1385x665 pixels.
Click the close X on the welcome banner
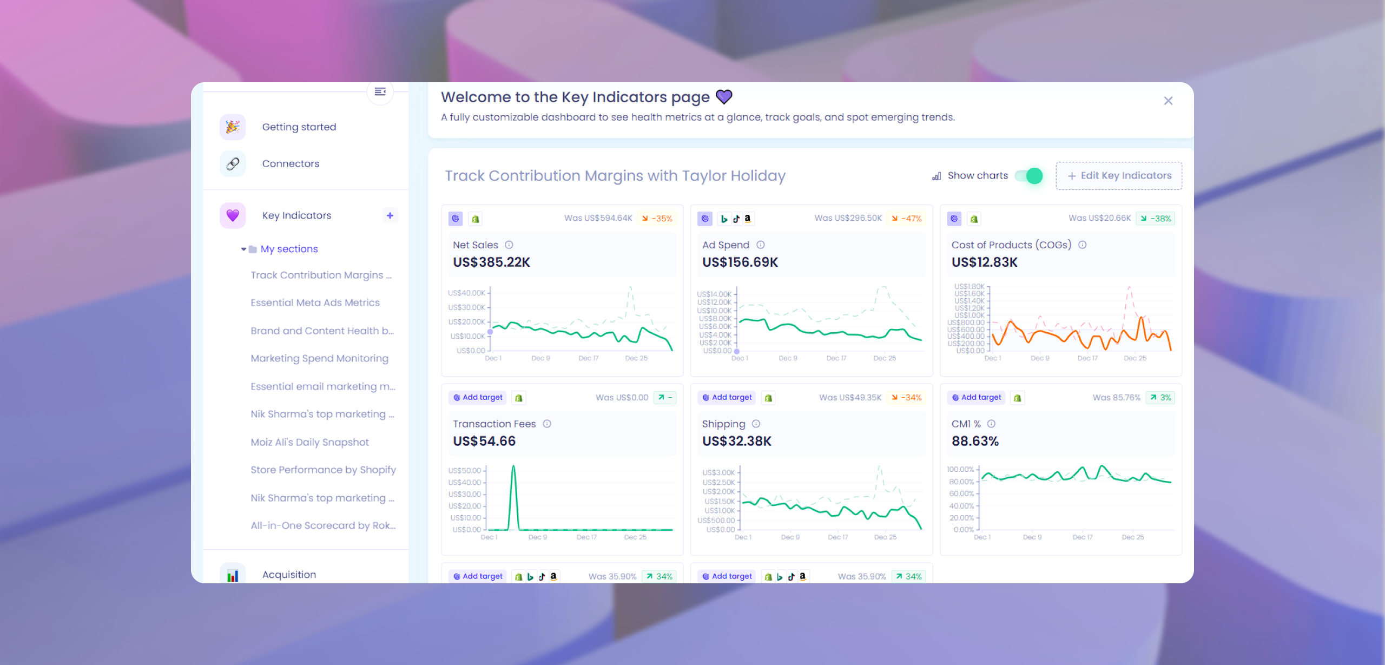(1168, 101)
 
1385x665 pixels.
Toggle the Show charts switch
(1028, 176)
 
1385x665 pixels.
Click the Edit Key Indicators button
(1119, 176)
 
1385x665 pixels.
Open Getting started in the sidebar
(299, 127)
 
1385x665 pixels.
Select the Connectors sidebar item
(291, 164)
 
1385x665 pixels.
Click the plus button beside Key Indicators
(390, 215)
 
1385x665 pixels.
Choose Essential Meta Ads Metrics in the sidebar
(315, 303)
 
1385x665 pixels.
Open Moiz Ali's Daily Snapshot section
(309, 443)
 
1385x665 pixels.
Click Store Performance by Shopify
(323, 470)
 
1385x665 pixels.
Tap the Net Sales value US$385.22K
(491, 262)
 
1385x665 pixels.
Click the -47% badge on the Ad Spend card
(907, 219)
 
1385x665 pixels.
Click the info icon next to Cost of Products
(1082, 245)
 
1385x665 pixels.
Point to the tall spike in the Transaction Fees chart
(513, 469)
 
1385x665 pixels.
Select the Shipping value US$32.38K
(736, 442)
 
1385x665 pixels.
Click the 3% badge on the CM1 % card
(1160, 398)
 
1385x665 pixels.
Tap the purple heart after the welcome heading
(724, 97)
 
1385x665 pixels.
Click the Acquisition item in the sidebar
(289, 575)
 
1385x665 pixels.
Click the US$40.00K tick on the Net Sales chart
(466, 293)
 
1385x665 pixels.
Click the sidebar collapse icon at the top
(380, 91)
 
